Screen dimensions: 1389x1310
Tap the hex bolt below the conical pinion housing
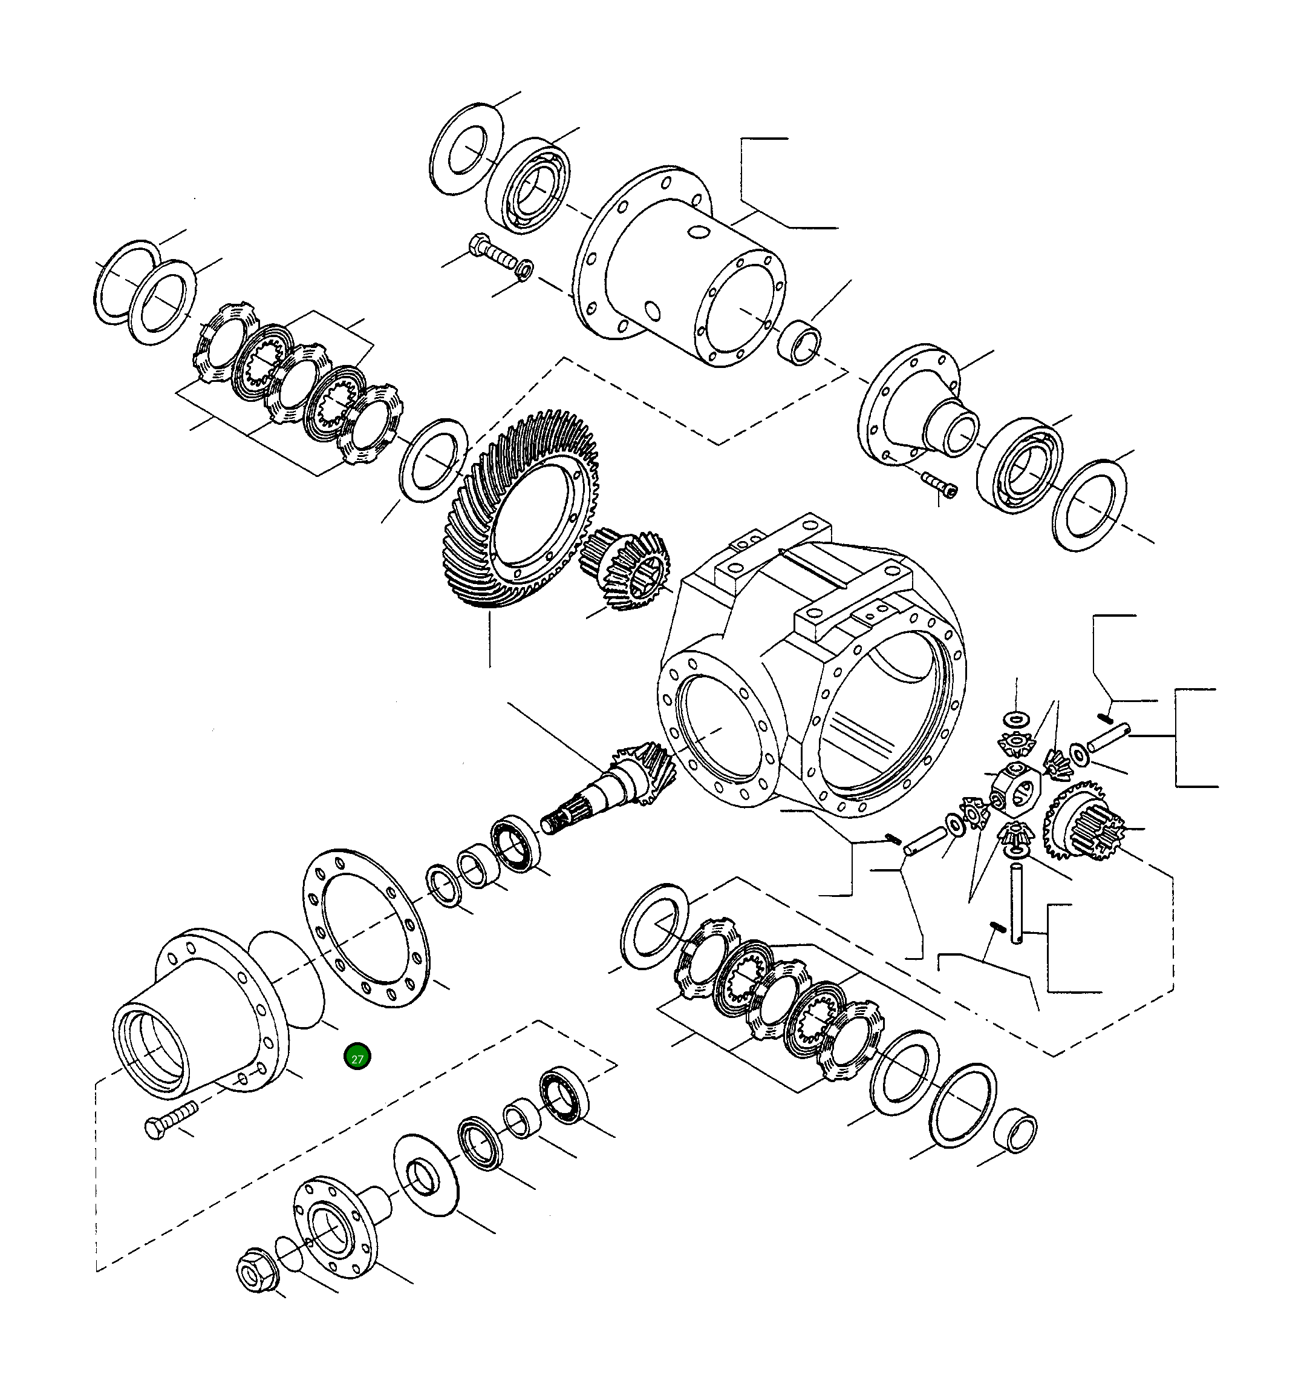171,1121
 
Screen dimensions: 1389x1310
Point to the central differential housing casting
810,671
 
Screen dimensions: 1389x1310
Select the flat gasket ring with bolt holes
366,928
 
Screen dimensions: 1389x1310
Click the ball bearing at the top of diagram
528,186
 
